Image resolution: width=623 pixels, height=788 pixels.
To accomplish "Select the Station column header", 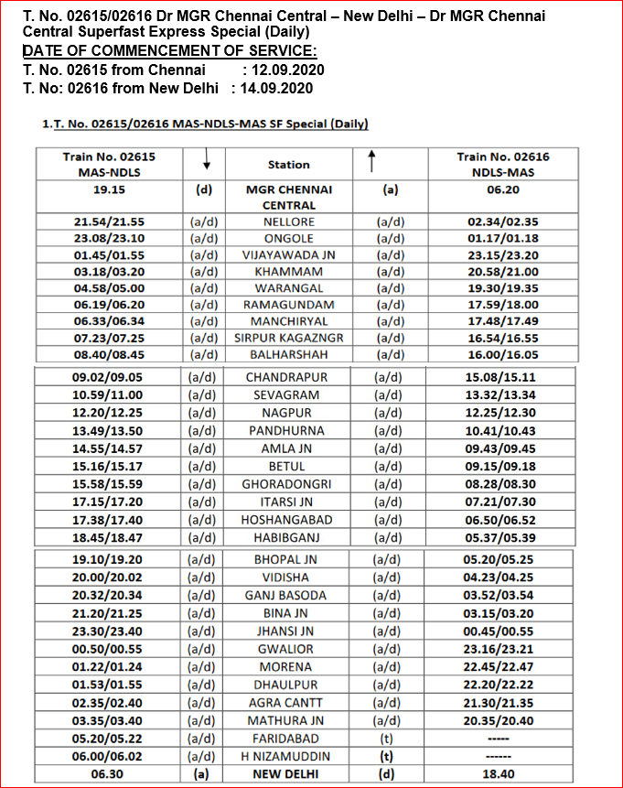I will point(288,165).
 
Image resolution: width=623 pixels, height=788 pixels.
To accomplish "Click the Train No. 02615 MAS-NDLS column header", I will point(109,164).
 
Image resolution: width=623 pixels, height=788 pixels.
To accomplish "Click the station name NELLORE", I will point(288,222).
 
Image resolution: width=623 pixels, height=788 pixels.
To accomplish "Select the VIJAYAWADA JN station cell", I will point(288,255).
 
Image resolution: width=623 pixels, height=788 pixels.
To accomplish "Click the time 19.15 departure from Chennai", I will point(109,189).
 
